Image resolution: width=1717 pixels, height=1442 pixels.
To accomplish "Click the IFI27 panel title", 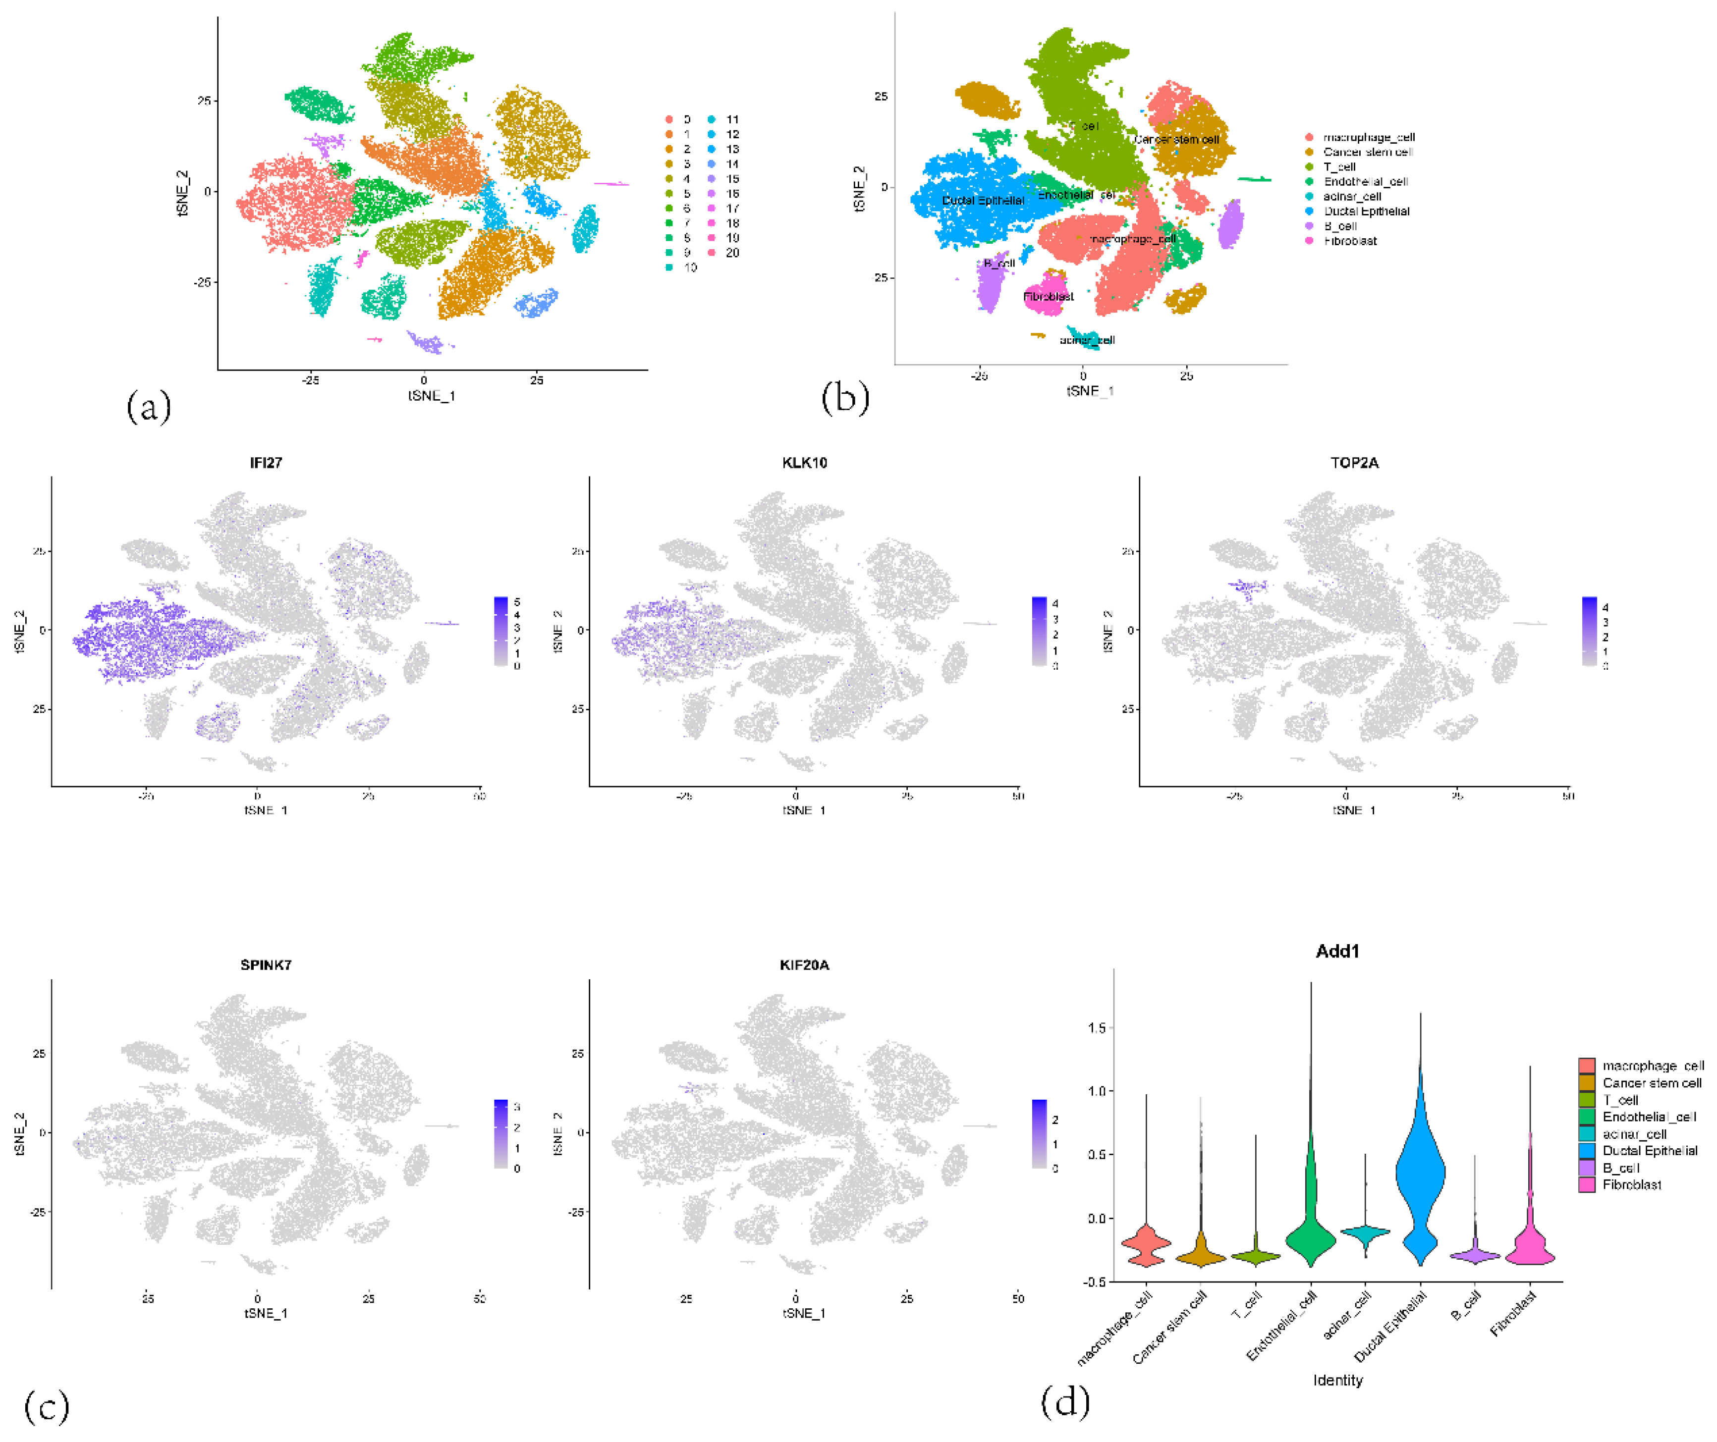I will (x=266, y=463).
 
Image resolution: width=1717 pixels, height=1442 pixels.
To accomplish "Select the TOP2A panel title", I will (x=1354, y=463).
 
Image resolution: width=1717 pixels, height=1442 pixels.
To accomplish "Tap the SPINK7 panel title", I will (x=266, y=964).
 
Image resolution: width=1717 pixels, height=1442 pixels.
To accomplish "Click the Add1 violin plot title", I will (x=1337, y=951).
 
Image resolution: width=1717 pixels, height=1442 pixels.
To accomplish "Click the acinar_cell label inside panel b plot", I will (x=1087, y=340).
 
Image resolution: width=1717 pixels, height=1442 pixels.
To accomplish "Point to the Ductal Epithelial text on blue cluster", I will (x=982, y=200).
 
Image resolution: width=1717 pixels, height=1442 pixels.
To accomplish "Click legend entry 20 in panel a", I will (x=732, y=253).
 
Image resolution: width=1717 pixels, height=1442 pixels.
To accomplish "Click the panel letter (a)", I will (x=149, y=406).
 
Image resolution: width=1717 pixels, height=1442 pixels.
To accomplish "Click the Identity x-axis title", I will (x=1337, y=1380).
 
